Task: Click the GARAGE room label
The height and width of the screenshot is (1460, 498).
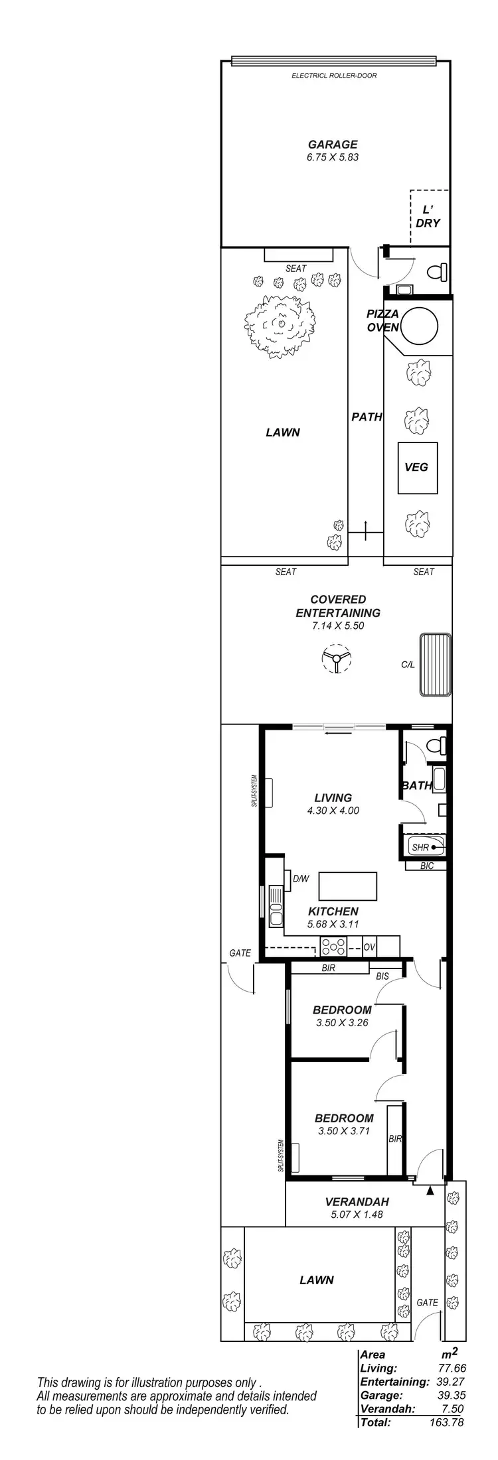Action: pos(332,144)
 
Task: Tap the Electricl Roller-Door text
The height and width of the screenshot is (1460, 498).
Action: pos(334,76)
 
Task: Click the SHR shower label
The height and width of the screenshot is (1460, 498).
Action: pos(420,847)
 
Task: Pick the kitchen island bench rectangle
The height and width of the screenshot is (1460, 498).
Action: pos(348,886)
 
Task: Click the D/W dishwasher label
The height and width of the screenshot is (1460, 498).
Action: pos(301,879)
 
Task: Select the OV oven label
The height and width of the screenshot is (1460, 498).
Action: pos(369,947)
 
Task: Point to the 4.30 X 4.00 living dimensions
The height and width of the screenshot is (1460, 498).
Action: pos(333,811)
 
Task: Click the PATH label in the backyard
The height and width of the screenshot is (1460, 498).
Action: pos(367,417)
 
